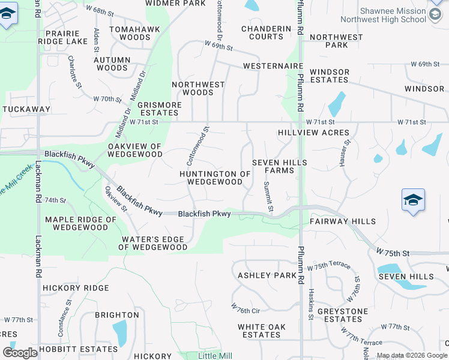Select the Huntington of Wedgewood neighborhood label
click(x=214, y=178)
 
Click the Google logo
click(x=20, y=353)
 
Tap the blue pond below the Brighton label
click(x=119, y=334)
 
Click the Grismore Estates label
click(x=159, y=109)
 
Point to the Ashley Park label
click(x=267, y=275)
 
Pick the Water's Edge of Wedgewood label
click(x=154, y=243)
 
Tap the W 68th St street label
click(x=100, y=11)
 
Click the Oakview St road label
click(x=116, y=199)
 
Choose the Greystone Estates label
click(x=339, y=315)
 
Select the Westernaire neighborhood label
click(x=272, y=66)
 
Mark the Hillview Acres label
click(x=313, y=133)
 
